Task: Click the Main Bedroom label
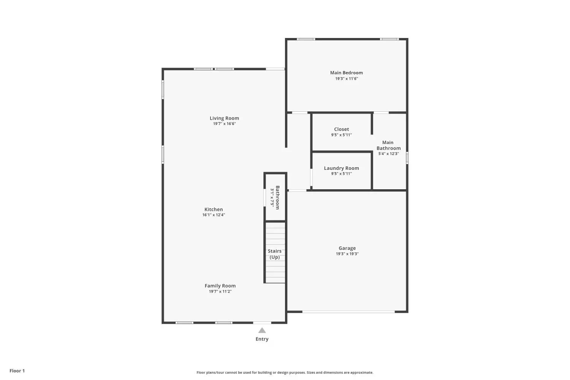[346, 73]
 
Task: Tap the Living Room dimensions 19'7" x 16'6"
[225, 124]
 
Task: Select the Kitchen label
[214, 209]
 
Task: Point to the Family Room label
[220, 286]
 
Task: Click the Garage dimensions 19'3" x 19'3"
[347, 254]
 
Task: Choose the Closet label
[342, 129]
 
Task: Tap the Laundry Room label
[342, 168]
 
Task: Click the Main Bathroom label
[388, 145]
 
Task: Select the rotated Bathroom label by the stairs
[277, 198]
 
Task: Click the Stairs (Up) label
[275, 254]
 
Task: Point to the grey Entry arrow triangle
[262, 330]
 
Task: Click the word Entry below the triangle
[262, 339]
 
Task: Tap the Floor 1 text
[17, 371]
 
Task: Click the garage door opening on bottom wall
[348, 312]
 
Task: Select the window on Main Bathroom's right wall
[407, 158]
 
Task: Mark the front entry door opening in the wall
[262, 323]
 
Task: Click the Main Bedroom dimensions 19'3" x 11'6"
[347, 79]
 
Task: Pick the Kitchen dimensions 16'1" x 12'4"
[214, 215]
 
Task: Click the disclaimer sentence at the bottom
[285, 372]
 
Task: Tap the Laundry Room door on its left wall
[311, 177]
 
